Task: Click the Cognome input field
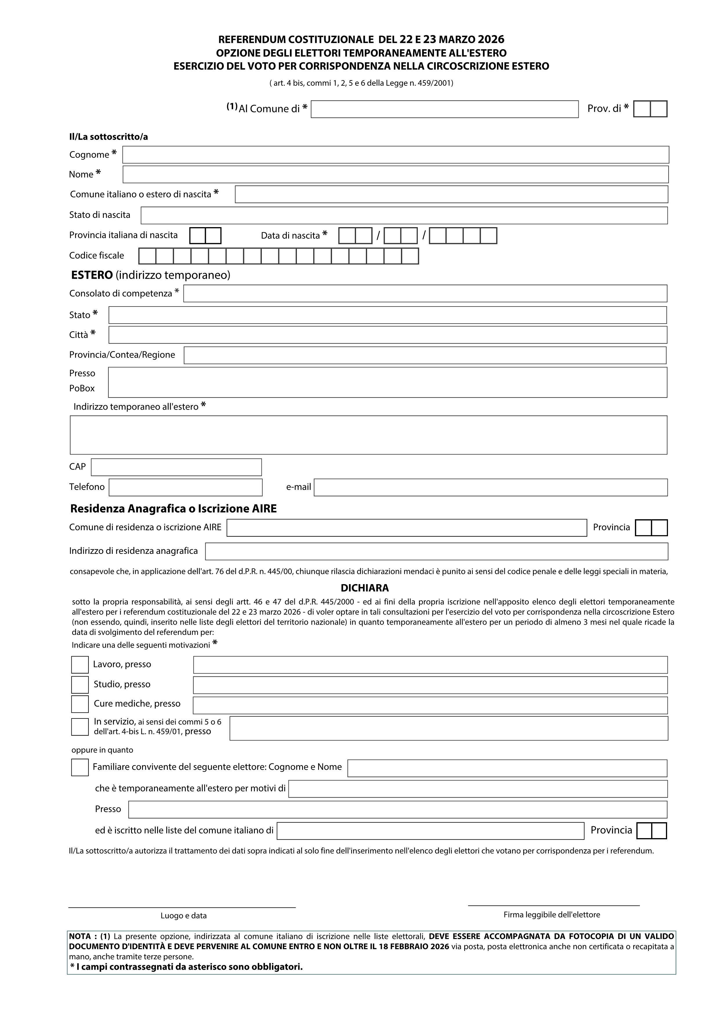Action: click(395, 154)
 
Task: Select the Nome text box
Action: click(395, 174)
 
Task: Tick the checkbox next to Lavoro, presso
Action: click(80, 665)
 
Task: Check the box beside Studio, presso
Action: click(80, 685)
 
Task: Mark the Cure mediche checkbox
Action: click(80, 704)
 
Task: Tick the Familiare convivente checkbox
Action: click(80, 767)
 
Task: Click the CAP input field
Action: click(176, 467)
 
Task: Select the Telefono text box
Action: click(186, 487)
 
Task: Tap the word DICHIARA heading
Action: click(364, 588)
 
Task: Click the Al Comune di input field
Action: click(444, 109)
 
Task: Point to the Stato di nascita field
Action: click(404, 216)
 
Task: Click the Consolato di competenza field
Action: click(425, 293)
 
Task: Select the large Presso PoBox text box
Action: click(387, 382)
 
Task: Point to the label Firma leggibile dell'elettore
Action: click(552, 915)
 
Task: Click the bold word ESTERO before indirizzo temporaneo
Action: click(92, 275)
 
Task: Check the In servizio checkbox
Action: click(80, 727)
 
